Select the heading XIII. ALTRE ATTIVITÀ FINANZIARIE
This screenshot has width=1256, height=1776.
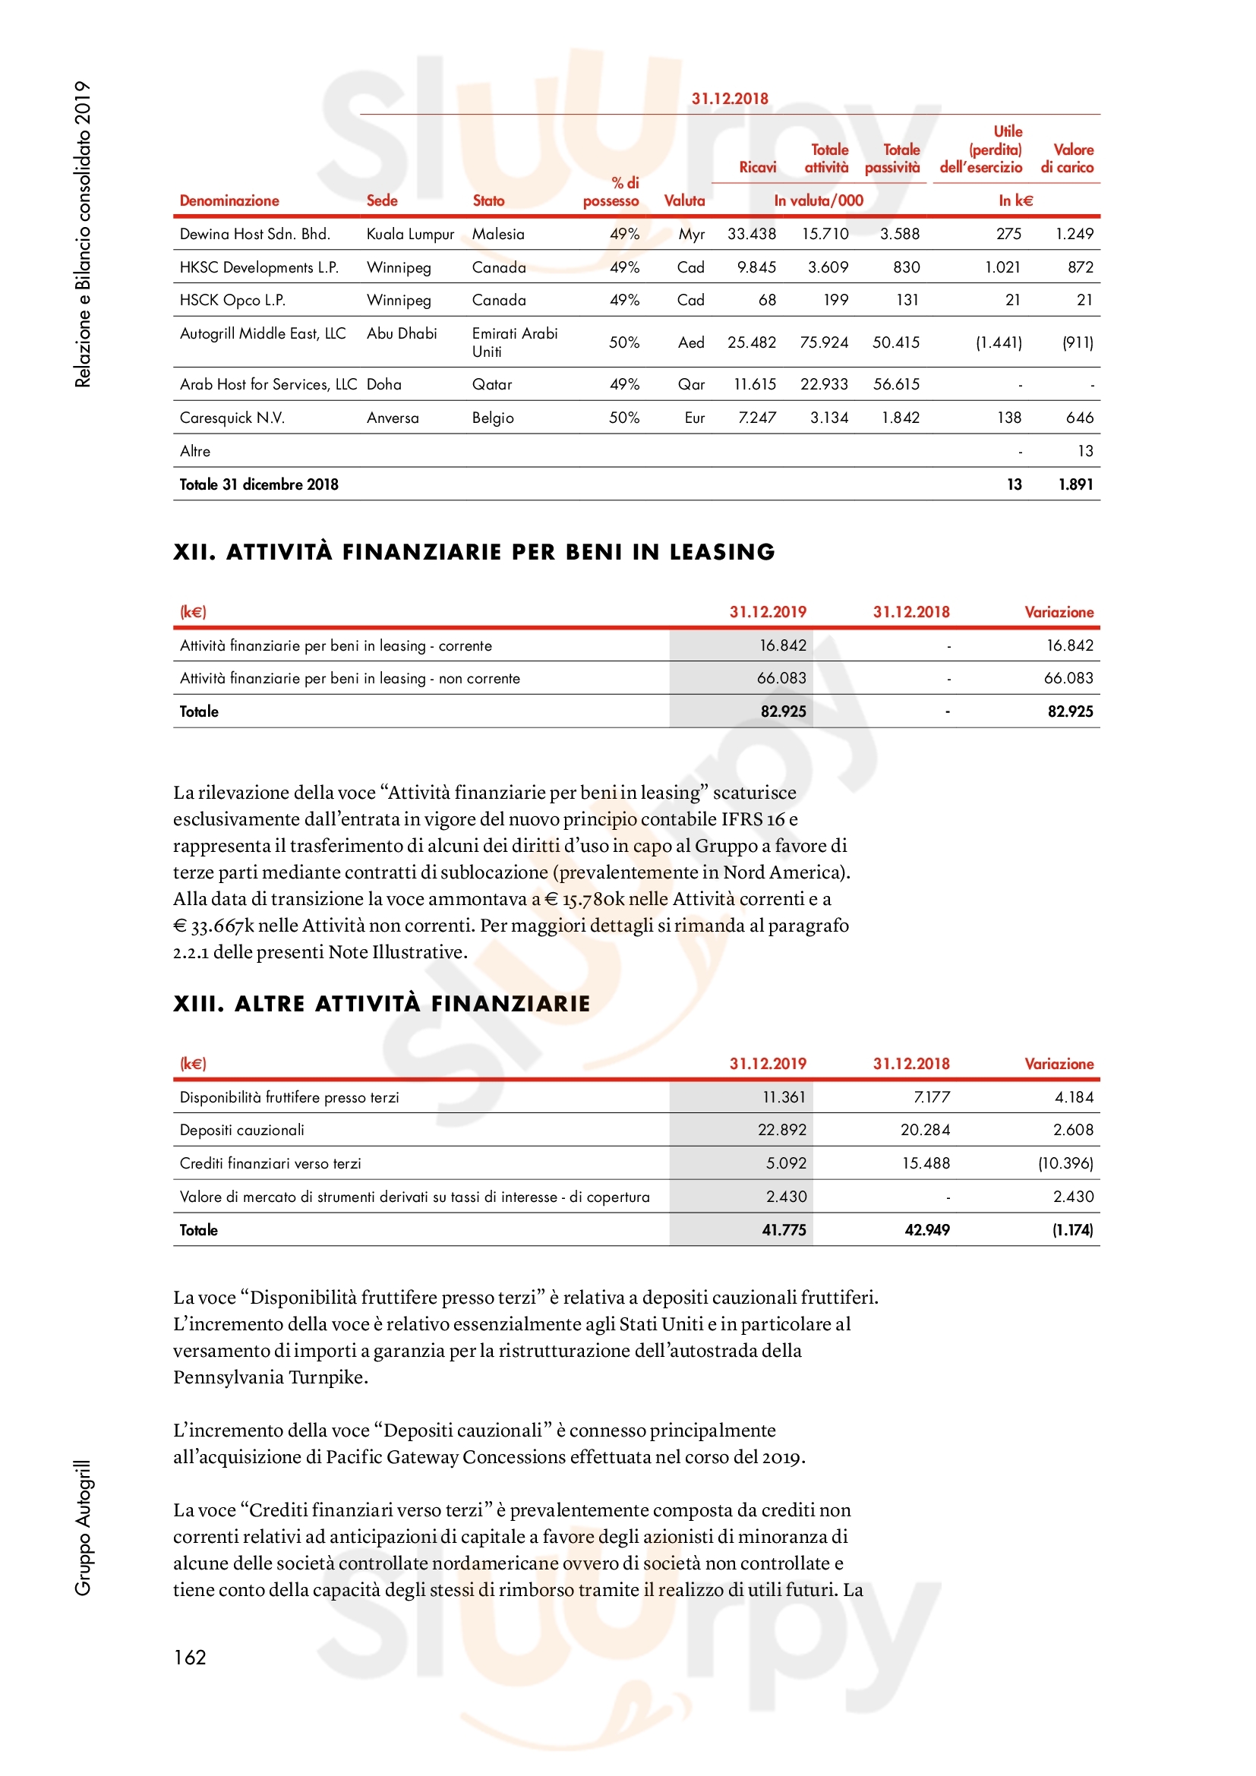tap(381, 1003)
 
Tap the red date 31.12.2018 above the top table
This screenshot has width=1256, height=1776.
tap(729, 99)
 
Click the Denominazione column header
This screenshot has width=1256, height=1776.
tap(229, 201)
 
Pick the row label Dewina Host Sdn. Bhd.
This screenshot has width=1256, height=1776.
tap(254, 235)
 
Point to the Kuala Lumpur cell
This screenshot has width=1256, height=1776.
tap(410, 235)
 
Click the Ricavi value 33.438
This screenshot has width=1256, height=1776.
tap(751, 235)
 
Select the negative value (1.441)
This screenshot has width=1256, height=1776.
tap(998, 342)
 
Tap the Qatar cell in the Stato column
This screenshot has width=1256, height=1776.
tap(492, 384)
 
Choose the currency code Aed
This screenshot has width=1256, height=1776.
tap(690, 342)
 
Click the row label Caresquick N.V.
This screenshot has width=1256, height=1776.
tap(232, 418)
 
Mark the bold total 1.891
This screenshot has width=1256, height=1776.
tap(1075, 485)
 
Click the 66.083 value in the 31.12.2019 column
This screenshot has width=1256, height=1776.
tap(781, 678)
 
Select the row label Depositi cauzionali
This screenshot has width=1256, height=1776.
tap(242, 1130)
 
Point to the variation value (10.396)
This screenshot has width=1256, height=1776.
tap(1065, 1163)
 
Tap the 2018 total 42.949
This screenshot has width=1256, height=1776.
tap(926, 1230)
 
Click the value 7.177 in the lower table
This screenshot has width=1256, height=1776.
tap(931, 1097)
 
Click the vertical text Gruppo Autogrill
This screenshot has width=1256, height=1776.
tap(83, 1528)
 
